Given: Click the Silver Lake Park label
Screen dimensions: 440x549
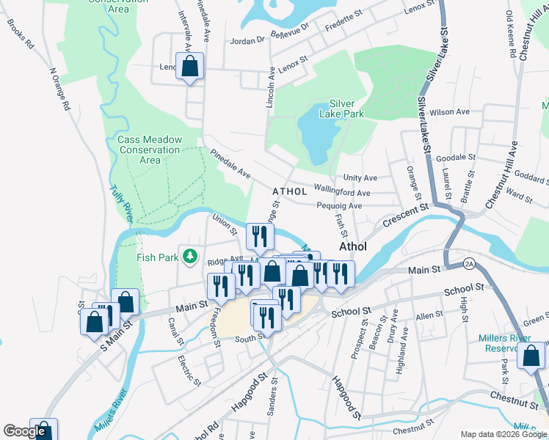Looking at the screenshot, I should (x=346, y=109).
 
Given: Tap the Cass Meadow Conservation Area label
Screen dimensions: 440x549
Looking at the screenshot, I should (x=150, y=150).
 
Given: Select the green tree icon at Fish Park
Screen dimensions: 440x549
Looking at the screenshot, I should (x=191, y=256).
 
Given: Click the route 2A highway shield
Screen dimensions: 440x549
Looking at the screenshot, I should (x=469, y=263).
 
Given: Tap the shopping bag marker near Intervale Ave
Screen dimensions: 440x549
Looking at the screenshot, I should (x=190, y=67).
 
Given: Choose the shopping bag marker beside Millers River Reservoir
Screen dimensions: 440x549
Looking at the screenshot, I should (x=531, y=356).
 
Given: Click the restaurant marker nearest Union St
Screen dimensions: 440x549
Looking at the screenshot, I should (x=259, y=236).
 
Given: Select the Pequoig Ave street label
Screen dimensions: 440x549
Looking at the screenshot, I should (x=340, y=206).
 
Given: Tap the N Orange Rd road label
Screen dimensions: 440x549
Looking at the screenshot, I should (x=59, y=89).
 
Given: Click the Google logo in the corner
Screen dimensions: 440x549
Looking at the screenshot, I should (x=24, y=432).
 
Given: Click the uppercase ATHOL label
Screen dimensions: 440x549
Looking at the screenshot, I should (x=289, y=191).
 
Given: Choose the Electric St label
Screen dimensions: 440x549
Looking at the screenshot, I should (x=189, y=370).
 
